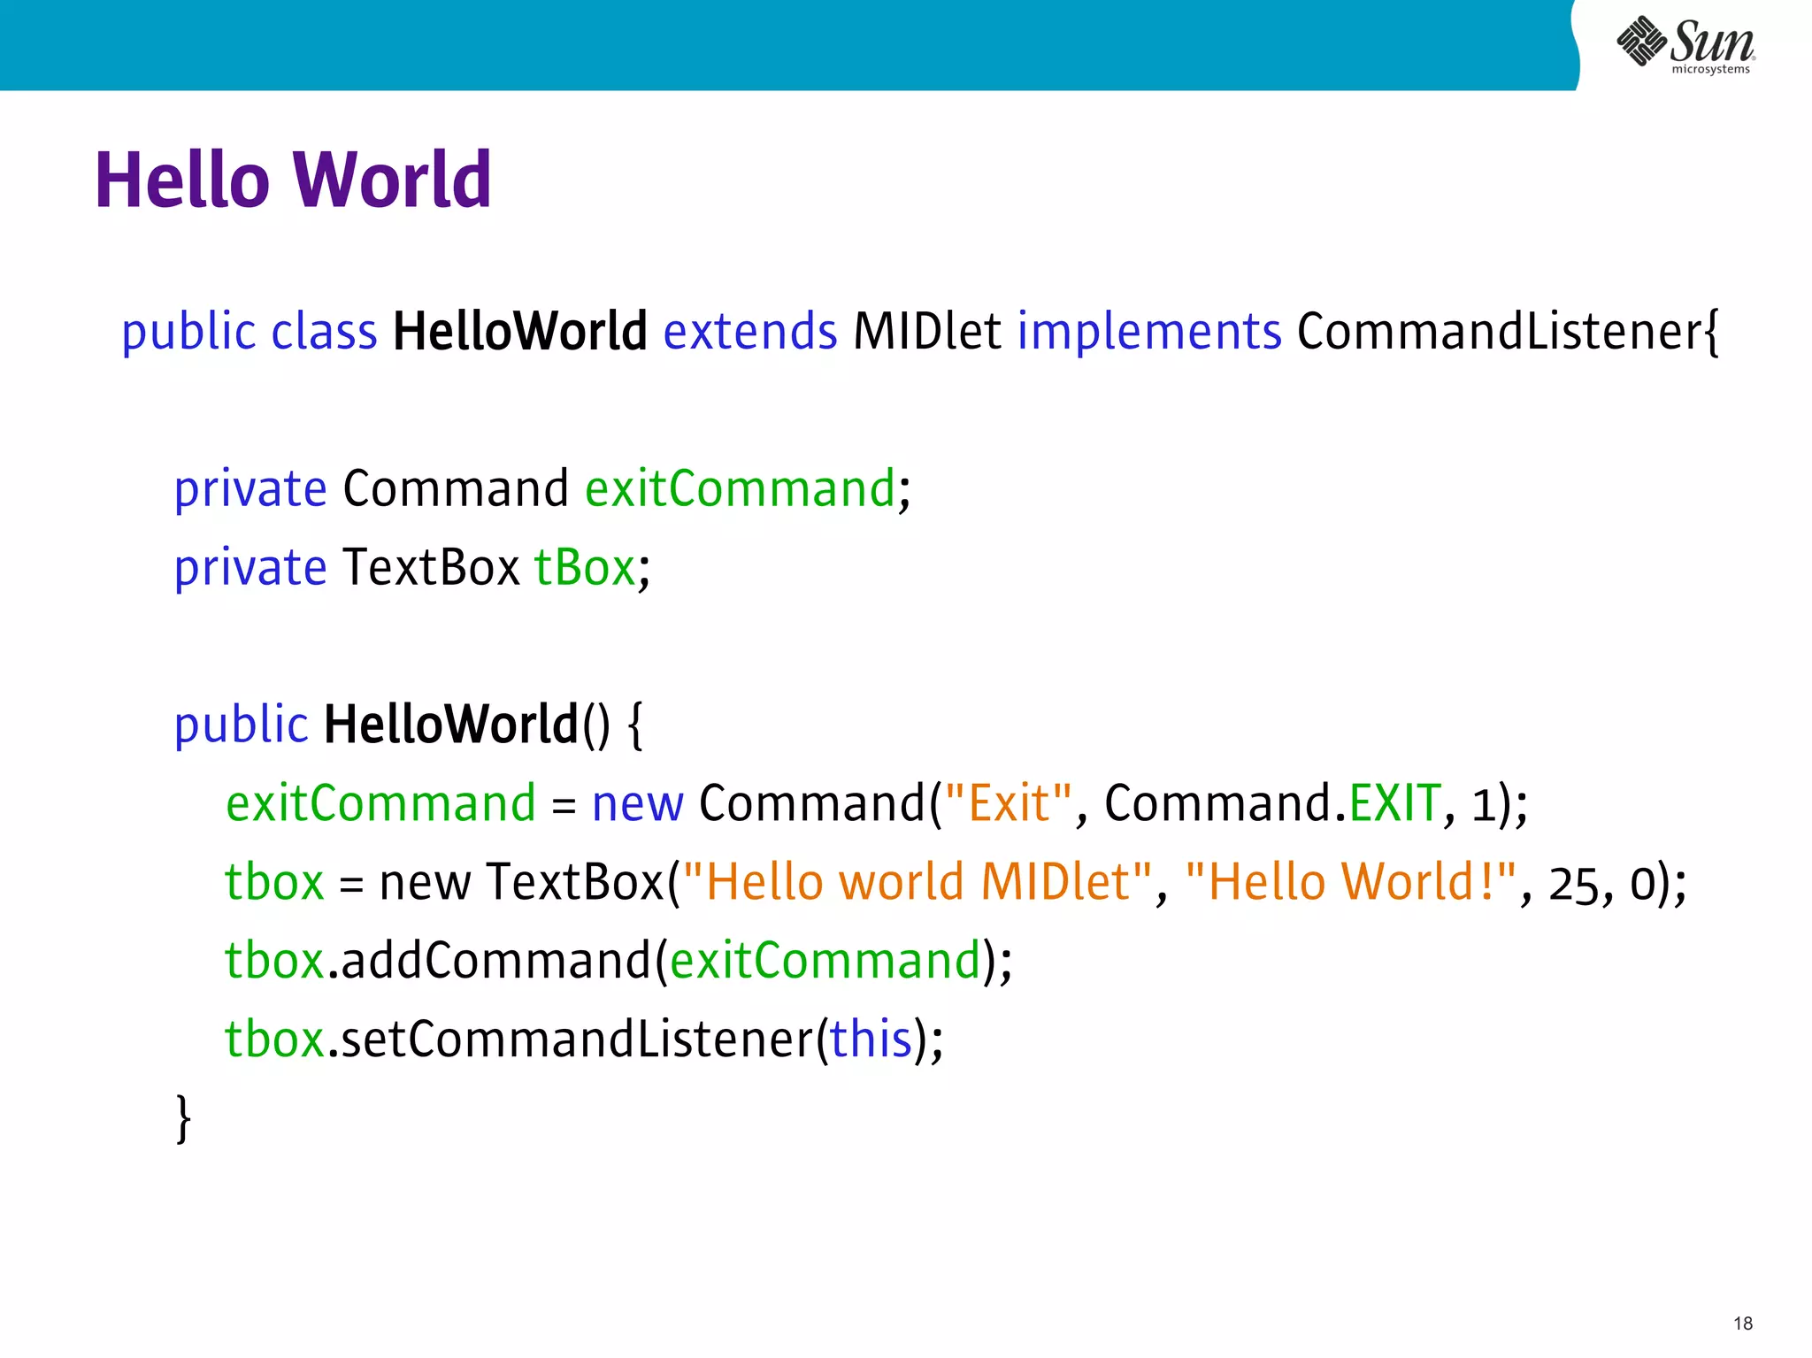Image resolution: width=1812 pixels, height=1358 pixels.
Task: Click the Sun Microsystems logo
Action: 1685,44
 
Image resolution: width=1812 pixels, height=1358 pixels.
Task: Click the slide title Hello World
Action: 293,180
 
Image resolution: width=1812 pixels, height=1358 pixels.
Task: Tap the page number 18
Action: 1742,1323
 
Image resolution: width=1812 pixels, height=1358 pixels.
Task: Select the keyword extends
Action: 749,333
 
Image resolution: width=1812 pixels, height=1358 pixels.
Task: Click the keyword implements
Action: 1148,333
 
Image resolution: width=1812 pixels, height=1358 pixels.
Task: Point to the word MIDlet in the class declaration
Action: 926,333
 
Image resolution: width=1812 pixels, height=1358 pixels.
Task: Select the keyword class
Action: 324,333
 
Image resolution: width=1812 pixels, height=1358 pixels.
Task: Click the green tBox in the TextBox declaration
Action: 585,568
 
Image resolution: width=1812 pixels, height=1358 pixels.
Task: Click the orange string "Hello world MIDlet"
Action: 918,883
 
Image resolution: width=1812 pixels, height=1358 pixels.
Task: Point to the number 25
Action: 1573,885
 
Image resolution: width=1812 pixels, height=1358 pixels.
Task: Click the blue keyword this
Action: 870,1040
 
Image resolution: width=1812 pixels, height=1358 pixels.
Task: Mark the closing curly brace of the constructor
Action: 183,1119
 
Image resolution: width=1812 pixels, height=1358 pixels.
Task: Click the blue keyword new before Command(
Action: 637,804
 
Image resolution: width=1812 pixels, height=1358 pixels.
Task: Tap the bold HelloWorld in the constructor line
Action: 451,725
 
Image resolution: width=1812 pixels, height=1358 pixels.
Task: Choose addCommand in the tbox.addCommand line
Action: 495,961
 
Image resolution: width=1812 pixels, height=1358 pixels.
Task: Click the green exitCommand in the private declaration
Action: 741,489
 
